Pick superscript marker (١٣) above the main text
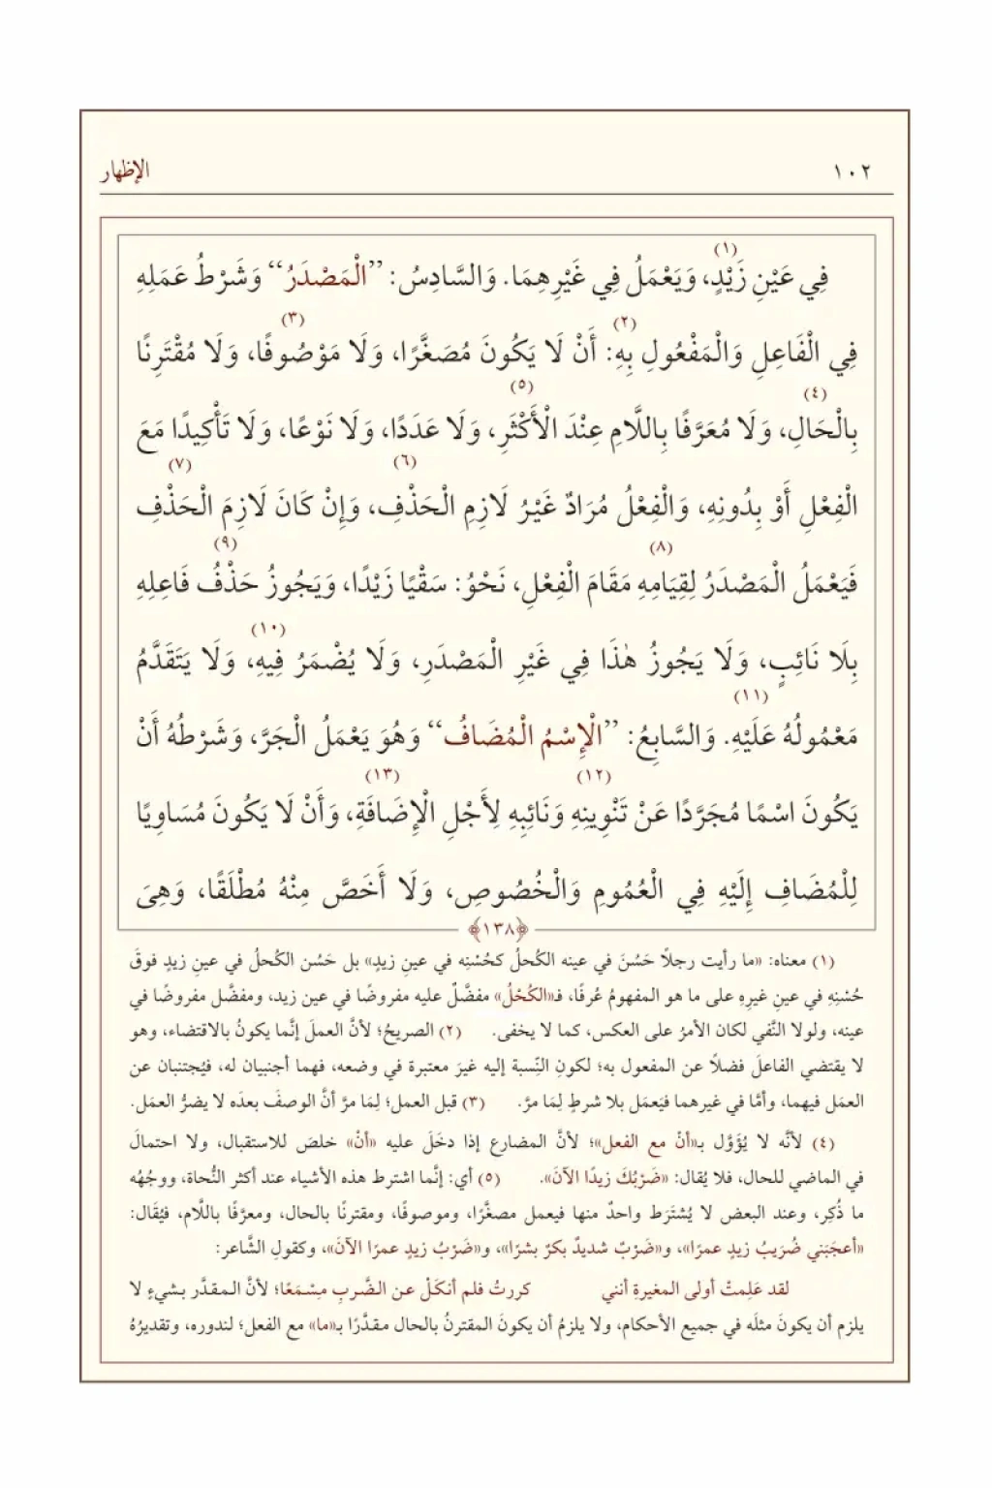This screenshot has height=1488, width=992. (x=381, y=775)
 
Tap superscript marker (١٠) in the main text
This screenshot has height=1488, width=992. (x=264, y=630)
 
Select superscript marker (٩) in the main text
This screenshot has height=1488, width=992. (x=225, y=542)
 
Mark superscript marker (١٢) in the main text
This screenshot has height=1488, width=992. (x=589, y=776)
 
